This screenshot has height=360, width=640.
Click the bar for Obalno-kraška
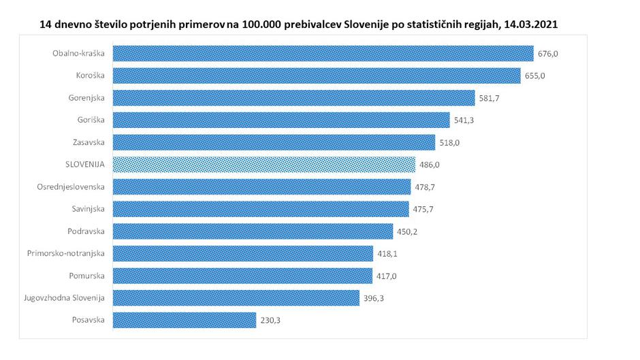tap(322, 54)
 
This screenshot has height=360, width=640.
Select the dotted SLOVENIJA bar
tap(263, 165)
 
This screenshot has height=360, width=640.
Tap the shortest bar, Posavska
tap(184, 320)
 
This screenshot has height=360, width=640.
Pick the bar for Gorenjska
tap(293, 98)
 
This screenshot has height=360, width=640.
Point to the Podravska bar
tap(252, 231)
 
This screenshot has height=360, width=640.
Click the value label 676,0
tap(548, 54)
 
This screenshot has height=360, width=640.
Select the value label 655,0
tap(534, 76)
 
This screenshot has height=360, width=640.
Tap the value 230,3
tap(270, 320)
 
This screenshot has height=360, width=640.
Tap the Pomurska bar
tap(242, 276)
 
